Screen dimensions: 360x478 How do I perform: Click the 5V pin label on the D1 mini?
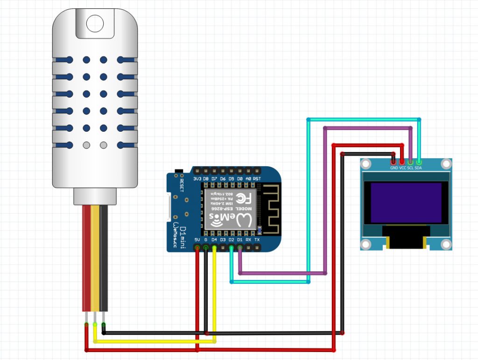tap(197, 240)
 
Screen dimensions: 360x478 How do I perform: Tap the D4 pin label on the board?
tap(214, 240)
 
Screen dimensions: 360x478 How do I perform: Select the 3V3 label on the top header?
tap(197, 178)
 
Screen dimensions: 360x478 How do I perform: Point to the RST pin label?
tap(257, 178)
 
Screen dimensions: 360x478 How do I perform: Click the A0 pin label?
tap(248, 178)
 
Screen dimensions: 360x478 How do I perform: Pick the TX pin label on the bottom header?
tap(257, 240)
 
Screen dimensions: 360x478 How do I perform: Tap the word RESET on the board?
tap(182, 183)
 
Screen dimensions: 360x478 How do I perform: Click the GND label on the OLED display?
tap(394, 167)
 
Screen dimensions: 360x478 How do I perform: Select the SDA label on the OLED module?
tap(418, 167)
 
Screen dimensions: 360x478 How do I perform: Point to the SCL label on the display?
tap(410, 167)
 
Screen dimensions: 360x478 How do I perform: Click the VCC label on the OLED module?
tap(402, 167)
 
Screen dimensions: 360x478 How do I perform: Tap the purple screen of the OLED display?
tap(406, 203)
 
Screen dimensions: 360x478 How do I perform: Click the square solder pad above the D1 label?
tap(240, 232)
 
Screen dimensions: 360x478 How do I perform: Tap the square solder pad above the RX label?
tap(248, 232)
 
